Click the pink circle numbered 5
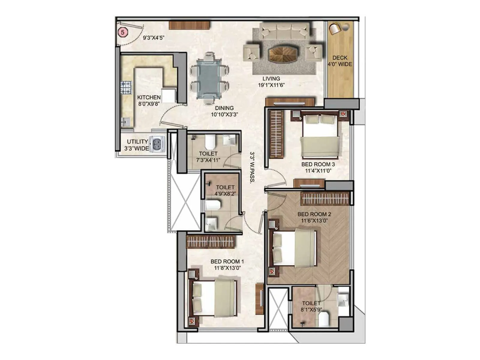tap(123, 32)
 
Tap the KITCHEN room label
tap(149, 97)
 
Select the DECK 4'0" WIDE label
tap(340, 61)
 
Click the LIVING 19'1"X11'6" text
tap(271, 82)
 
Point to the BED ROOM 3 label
tap(318, 164)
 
